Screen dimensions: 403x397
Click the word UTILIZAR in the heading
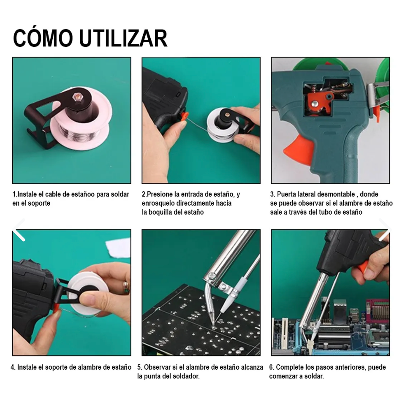pyautogui.click(x=123, y=38)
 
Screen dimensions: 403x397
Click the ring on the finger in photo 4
pyautogui.click(x=125, y=287)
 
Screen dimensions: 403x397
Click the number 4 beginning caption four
pyautogui.click(x=13, y=367)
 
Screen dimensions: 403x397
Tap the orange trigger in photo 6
pyautogui.click(x=362, y=266)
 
